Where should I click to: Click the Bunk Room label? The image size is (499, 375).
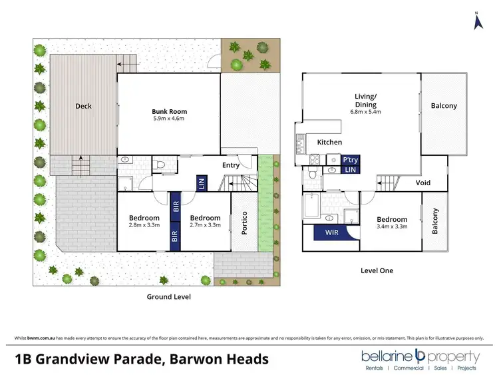pos(169,111)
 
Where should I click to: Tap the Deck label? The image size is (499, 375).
pos(83,106)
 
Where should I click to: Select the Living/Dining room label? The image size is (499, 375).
pos(365,101)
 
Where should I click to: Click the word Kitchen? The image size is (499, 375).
pos(329,143)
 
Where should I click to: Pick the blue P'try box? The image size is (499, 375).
pos(350,160)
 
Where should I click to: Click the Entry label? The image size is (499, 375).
pos(230,165)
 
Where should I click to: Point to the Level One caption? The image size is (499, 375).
pos(377,270)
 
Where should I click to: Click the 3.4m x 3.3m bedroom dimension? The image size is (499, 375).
pos(391,226)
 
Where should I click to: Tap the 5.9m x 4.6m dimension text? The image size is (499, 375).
pos(169,119)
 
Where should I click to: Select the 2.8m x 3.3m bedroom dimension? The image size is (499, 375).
pos(144,226)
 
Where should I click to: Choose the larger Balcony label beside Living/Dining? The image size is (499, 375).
pos(444,106)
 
